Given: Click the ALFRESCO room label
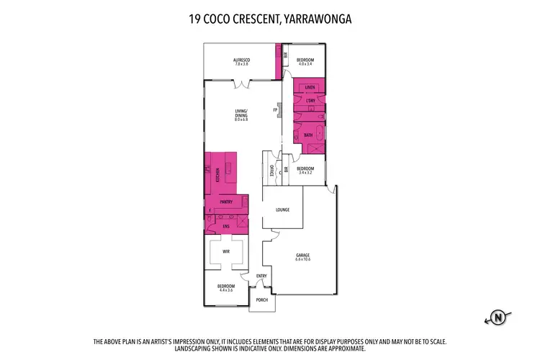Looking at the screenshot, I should coord(240,59).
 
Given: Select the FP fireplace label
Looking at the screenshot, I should coord(274,110).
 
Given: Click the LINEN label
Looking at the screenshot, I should coord(310,87).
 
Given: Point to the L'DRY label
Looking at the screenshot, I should coord(310,101).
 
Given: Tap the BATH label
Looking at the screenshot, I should coord(307,135).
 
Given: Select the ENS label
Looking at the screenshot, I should coord(225,227).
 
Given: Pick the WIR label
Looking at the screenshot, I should coord(226,252).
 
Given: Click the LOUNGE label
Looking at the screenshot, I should coord(282,210).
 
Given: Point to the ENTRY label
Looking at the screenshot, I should coord(261,276).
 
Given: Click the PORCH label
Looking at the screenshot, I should coord(262,300).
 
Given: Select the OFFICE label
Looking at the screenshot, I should coord(271,172).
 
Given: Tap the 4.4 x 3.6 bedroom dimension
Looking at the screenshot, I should coord(226,290).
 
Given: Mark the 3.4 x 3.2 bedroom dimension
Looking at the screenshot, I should coord(306,173).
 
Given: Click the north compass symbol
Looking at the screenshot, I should coord(496,315).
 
